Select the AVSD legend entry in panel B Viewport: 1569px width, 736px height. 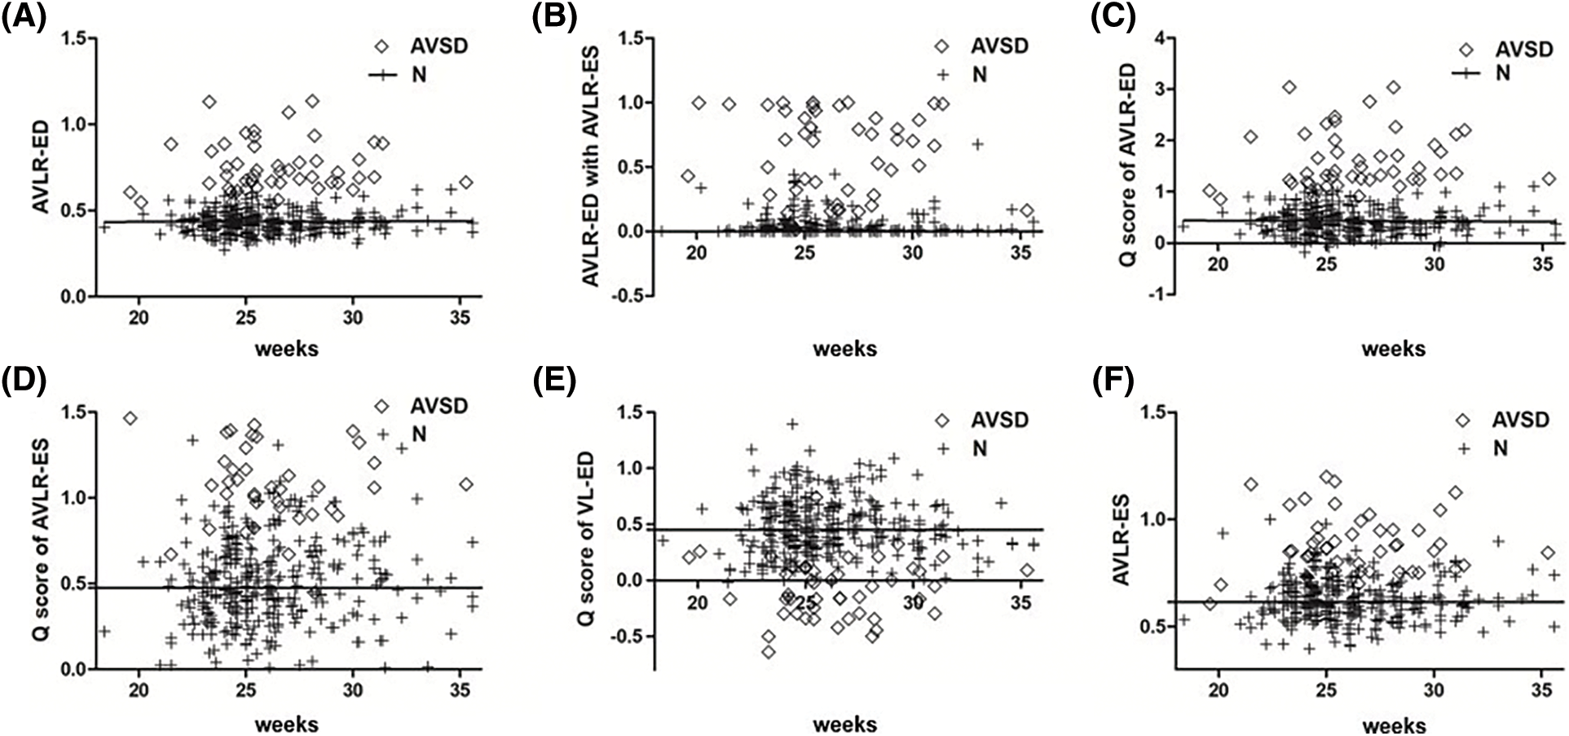[x=1001, y=46]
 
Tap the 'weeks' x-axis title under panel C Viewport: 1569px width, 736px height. [x=1393, y=349]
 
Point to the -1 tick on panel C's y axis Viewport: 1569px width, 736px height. [x=1157, y=295]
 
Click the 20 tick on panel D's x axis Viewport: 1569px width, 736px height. [x=139, y=690]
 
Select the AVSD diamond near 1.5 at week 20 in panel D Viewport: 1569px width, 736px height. [x=130, y=418]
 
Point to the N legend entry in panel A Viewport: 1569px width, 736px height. [x=418, y=75]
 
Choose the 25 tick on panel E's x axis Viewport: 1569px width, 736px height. [x=805, y=602]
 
